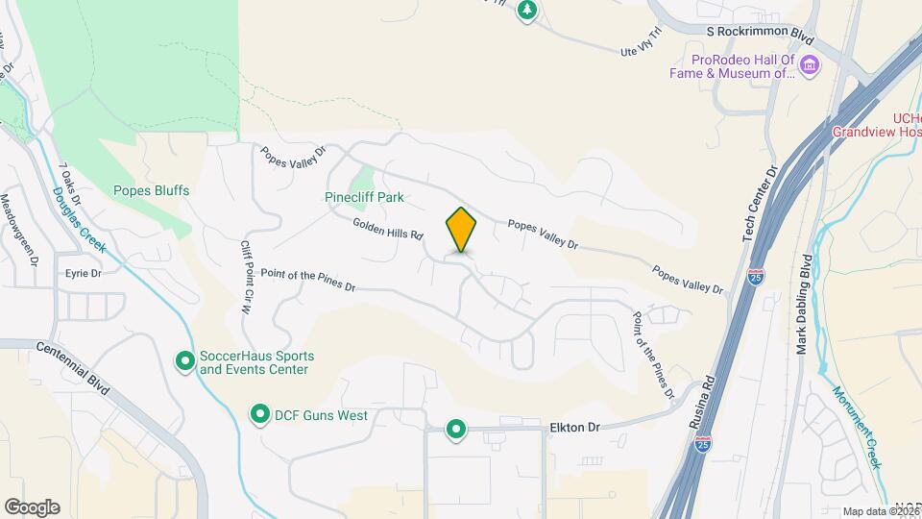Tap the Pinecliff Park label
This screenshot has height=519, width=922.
pos(364,197)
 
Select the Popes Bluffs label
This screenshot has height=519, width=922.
pos(151,190)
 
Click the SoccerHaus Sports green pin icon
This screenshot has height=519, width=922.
pos(184,361)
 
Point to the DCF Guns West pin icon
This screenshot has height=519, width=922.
pos(259,415)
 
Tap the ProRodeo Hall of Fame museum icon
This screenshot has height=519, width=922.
pos(810,65)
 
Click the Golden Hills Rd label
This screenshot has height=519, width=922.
pos(388,228)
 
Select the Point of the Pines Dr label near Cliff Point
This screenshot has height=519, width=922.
pos(307,281)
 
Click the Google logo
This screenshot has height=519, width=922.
pos(32,507)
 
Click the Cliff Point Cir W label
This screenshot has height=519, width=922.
pos(246,278)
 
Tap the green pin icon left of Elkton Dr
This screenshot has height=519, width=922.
pos(456,429)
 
